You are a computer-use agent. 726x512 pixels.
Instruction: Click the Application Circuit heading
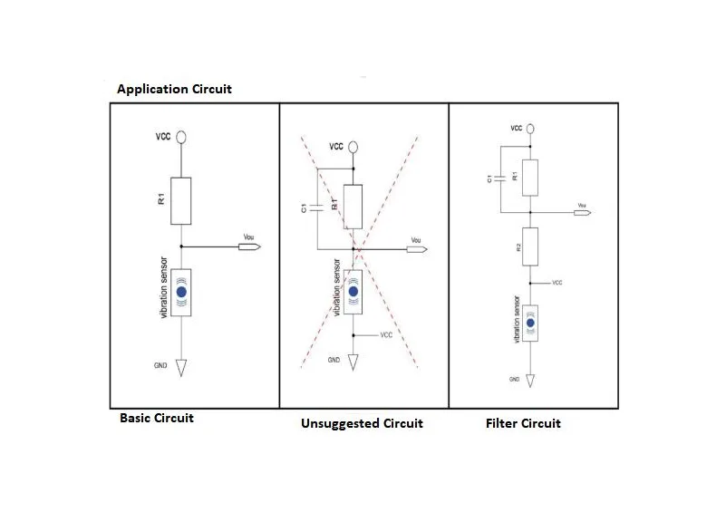coord(174,89)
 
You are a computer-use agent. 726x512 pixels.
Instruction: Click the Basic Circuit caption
coord(157,419)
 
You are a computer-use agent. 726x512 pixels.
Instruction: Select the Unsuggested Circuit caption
coord(362,423)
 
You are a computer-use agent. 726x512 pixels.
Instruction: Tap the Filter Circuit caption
coord(523,423)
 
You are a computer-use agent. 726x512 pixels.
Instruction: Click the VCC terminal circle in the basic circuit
coord(181,137)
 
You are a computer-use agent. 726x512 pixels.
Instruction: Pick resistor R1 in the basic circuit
coord(181,200)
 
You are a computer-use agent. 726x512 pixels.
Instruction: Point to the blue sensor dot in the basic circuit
coord(181,293)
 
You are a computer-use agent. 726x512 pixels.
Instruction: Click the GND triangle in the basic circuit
coord(181,368)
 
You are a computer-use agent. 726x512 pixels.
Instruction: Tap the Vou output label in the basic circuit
coord(249,238)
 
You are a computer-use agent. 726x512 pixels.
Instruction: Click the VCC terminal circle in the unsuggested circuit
coord(353,145)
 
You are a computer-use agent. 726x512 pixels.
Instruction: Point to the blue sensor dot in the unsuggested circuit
coord(353,292)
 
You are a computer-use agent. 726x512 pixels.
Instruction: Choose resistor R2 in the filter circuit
coord(530,246)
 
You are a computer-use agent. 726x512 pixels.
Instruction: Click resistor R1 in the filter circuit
coord(530,177)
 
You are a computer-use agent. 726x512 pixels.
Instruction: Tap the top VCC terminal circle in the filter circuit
coord(530,130)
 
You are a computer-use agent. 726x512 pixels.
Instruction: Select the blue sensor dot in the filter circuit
coord(530,324)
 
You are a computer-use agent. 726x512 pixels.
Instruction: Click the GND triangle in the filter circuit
coord(530,382)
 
